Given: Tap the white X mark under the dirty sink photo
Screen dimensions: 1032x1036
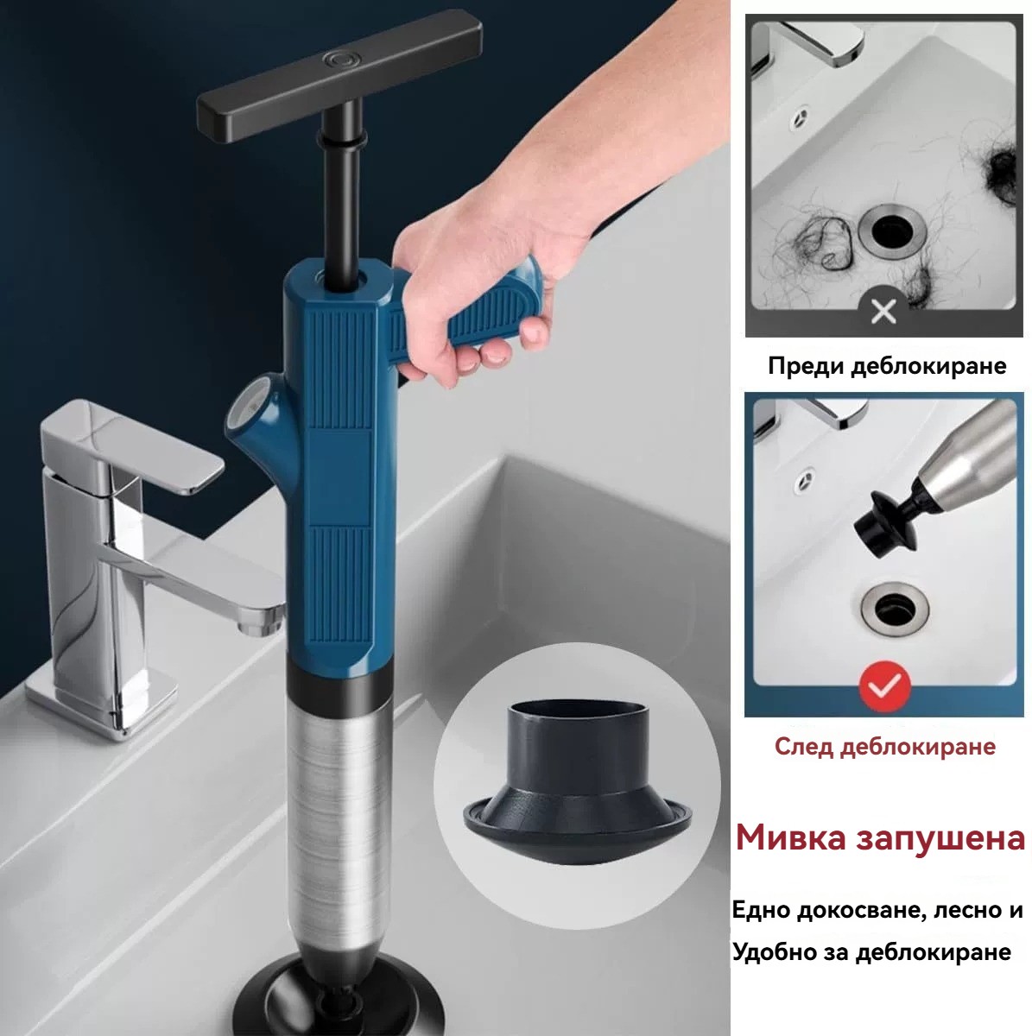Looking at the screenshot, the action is [x=883, y=311].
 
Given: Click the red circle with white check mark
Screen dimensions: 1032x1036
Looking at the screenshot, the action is [x=884, y=685].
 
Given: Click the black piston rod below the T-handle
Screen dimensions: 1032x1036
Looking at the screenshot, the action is [x=342, y=193].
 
